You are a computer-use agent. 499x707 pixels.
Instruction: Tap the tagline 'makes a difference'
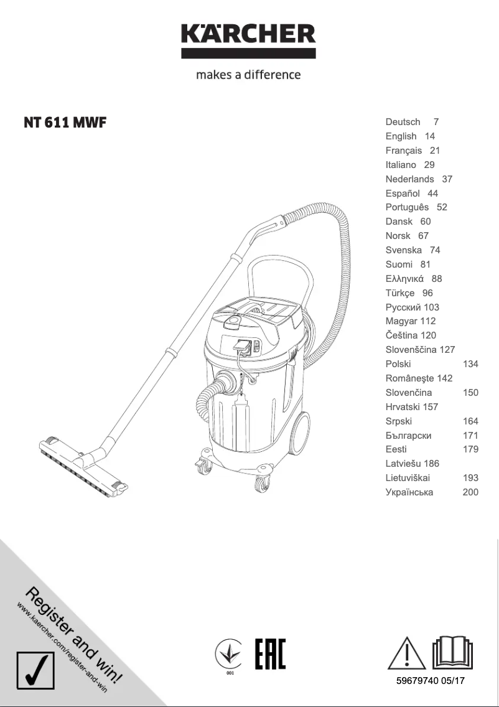pyautogui.click(x=248, y=75)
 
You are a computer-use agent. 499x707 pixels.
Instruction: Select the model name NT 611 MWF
pyautogui.click(x=65, y=123)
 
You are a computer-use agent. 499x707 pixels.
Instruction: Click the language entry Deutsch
pyautogui.click(x=403, y=122)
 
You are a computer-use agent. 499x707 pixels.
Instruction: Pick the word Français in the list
pyautogui.click(x=403, y=151)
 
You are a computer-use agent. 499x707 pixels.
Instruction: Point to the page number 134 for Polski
pyautogui.click(x=470, y=364)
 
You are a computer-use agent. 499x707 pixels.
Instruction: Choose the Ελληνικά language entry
pyautogui.click(x=404, y=279)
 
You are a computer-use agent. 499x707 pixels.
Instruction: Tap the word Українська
pyautogui.click(x=409, y=492)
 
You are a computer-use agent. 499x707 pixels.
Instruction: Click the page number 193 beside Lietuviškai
pyautogui.click(x=470, y=478)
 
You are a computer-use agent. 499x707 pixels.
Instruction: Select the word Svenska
pyautogui.click(x=404, y=250)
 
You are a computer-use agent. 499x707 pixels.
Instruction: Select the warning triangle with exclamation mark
pyautogui.click(x=404, y=653)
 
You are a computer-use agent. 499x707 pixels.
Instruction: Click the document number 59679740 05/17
pyautogui.click(x=430, y=681)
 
